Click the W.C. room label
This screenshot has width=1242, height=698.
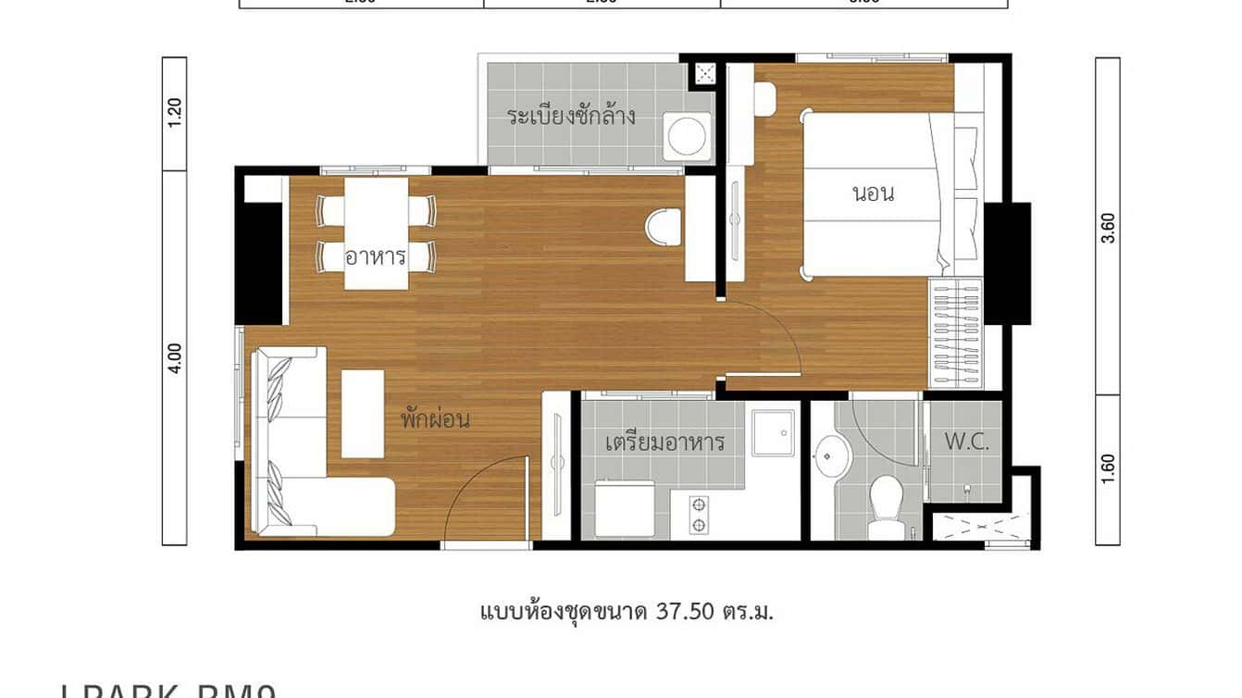coord(966,442)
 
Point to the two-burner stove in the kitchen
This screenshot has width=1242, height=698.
coord(699,515)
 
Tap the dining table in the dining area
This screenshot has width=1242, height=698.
coord(376,232)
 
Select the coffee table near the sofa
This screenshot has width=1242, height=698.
coord(363,413)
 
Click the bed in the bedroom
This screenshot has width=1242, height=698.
coord(875,195)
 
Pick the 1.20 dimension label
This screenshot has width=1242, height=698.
coord(175,113)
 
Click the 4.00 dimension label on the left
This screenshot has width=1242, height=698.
coord(175,357)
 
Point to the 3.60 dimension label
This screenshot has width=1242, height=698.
coord(1108,228)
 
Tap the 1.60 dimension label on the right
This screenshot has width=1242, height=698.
coord(1108,470)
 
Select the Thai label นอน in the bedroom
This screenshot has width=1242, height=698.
coord(873,194)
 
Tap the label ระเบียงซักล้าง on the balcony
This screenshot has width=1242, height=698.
coord(570,117)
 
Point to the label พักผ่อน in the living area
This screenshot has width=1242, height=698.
coord(435,418)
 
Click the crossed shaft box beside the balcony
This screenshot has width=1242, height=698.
coord(705,73)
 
